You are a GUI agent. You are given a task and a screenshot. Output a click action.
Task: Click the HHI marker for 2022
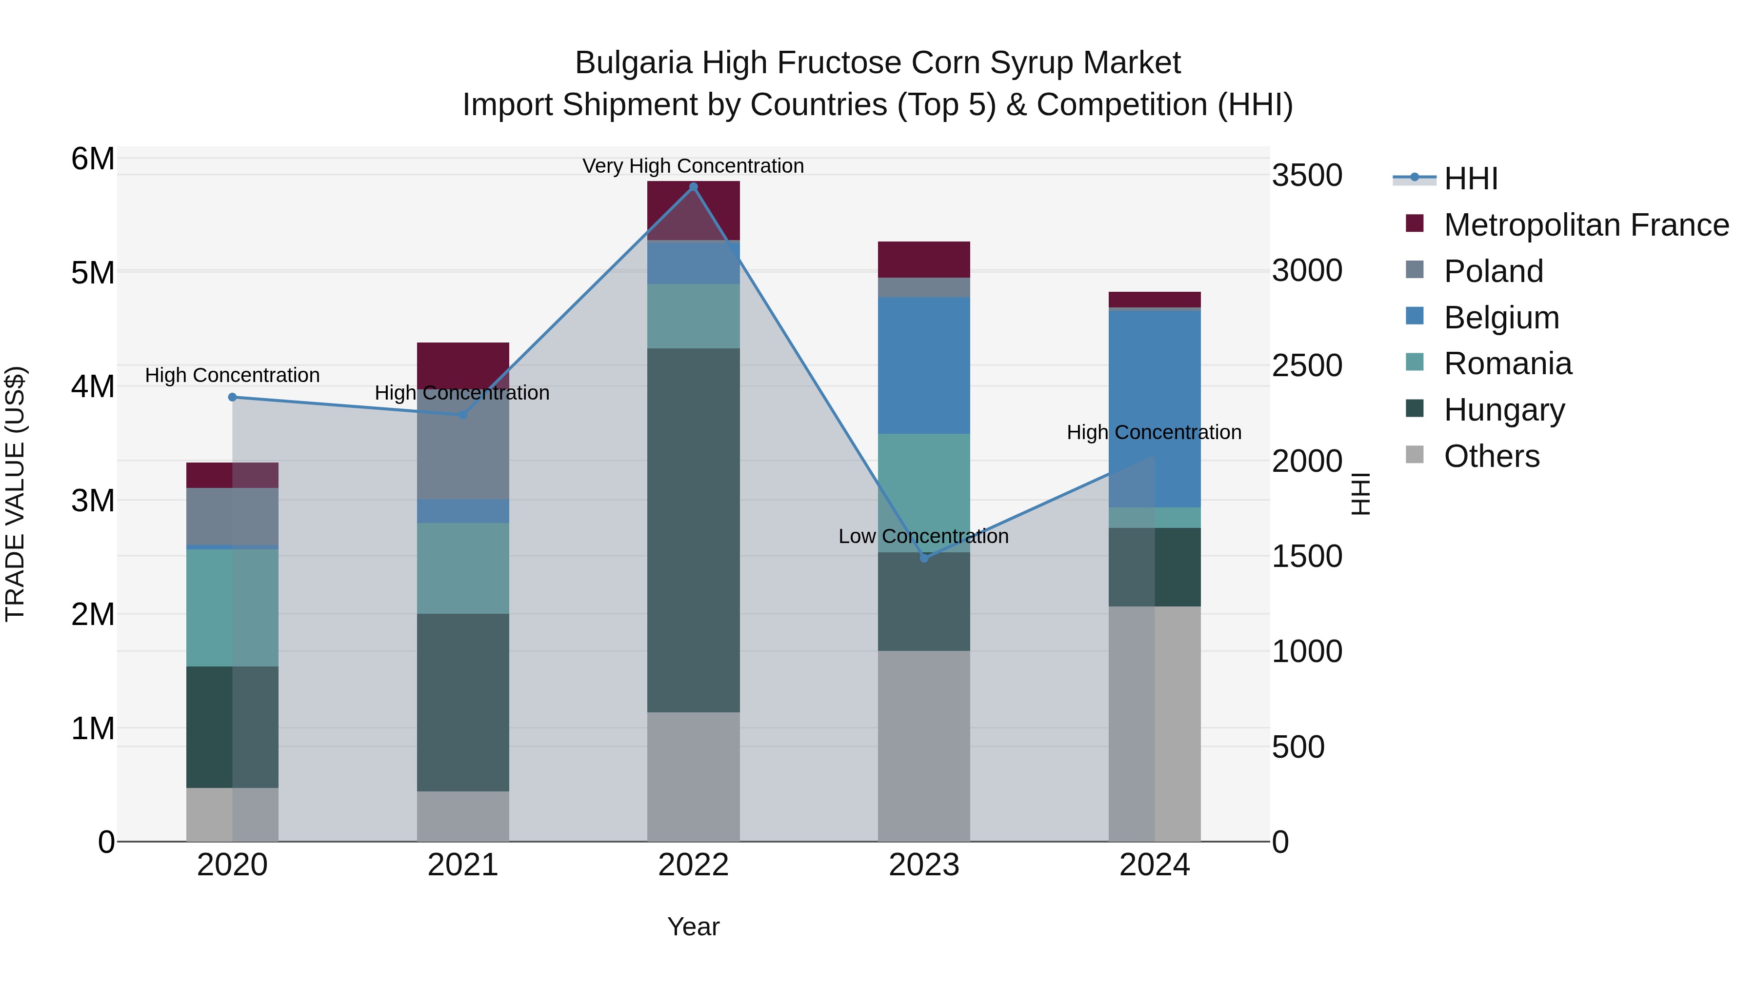pyautogui.click(x=693, y=186)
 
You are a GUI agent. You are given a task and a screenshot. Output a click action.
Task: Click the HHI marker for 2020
pyautogui.click(x=233, y=397)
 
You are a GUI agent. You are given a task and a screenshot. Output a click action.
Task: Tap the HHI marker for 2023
pyautogui.click(x=924, y=558)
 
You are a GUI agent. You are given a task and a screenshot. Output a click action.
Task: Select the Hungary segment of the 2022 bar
pyautogui.click(x=693, y=530)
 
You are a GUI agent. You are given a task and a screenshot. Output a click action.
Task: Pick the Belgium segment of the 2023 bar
pyautogui.click(x=924, y=365)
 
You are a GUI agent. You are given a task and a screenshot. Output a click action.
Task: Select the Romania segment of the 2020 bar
pyautogui.click(x=233, y=607)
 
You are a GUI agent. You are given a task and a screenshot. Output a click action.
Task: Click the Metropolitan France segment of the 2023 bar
pyautogui.click(x=924, y=259)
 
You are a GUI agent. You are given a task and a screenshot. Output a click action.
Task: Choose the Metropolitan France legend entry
pyautogui.click(x=1586, y=225)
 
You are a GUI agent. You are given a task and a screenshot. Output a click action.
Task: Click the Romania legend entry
pyautogui.click(x=1507, y=363)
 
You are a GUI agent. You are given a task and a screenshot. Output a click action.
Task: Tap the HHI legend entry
pyautogui.click(x=1470, y=179)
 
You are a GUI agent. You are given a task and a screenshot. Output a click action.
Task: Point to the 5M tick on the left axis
pyautogui.click(x=93, y=273)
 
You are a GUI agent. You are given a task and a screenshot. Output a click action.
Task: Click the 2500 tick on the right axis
pyautogui.click(x=1307, y=366)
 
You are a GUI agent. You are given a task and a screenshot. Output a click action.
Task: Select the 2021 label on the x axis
pyautogui.click(x=463, y=865)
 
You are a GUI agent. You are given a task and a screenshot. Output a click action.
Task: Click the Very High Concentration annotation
pyautogui.click(x=693, y=166)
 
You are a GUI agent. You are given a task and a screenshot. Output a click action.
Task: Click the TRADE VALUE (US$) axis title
pyautogui.click(x=15, y=494)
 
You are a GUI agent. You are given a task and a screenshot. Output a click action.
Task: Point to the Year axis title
pyautogui.click(x=693, y=927)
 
